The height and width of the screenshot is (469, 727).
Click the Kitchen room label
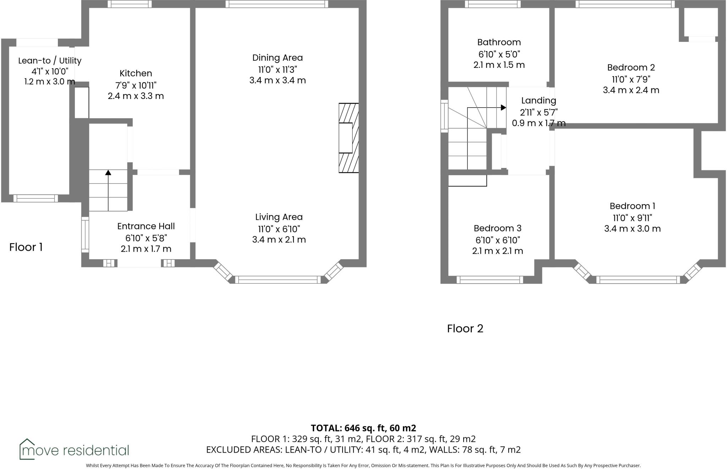[x=136, y=73]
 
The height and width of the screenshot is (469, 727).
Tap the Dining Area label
[x=277, y=58]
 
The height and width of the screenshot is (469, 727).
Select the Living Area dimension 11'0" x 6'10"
[x=279, y=229]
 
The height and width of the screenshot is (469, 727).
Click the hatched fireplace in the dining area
[x=349, y=138]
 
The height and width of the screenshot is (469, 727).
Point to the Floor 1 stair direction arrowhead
[x=108, y=173]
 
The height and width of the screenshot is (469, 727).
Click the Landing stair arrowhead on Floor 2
[x=503, y=107]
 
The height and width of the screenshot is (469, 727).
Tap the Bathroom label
[x=499, y=42]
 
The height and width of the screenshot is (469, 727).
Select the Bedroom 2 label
[x=631, y=67]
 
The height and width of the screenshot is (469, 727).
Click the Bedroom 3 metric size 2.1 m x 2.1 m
[x=497, y=251]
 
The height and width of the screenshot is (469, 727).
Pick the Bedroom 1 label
[x=632, y=206]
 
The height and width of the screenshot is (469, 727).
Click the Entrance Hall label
[x=146, y=226]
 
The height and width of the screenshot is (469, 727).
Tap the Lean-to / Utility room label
[x=50, y=61]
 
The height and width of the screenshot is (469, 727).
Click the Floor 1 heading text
[x=26, y=247]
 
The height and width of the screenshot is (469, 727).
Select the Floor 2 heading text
[x=465, y=328]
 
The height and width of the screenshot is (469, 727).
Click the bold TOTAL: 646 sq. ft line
[x=363, y=428]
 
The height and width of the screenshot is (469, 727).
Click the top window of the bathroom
[x=492, y=4]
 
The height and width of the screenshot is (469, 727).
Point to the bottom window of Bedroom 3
[x=490, y=280]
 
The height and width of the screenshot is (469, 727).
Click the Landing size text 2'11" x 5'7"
[x=539, y=113]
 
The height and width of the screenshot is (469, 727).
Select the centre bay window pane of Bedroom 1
[x=638, y=280]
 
